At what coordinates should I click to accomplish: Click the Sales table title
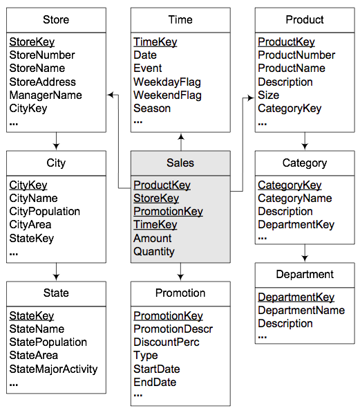click(180, 163)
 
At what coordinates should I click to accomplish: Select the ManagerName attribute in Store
click(46, 95)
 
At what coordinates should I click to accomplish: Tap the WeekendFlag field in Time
click(167, 95)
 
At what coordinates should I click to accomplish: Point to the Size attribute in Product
click(268, 95)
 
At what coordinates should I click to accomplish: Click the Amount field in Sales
click(153, 238)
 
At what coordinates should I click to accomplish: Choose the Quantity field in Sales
click(154, 252)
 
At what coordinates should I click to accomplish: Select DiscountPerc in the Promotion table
click(167, 342)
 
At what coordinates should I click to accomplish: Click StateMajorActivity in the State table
click(53, 369)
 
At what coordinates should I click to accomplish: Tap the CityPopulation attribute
click(45, 212)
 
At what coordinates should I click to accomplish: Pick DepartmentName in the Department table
click(301, 311)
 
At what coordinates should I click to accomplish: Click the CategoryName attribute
click(295, 199)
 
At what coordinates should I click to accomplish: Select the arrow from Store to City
click(56, 141)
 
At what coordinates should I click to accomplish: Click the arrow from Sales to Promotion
click(180, 272)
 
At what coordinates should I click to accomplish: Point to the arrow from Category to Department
click(305, 253)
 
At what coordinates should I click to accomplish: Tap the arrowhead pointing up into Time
click(181, 136)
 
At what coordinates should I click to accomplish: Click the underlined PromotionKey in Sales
click(168, 212)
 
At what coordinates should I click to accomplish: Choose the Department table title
click(305, 275)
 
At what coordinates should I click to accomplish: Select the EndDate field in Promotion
click(155, 382)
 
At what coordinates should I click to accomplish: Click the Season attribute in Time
click(152, 108)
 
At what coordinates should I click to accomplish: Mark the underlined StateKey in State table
click(32, 315)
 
